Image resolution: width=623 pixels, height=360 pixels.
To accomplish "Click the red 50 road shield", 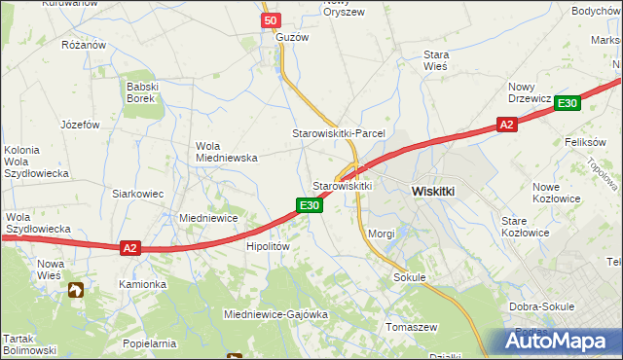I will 272,20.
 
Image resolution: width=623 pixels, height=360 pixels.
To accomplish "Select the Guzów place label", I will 292,37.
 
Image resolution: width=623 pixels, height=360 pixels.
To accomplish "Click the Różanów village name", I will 83,45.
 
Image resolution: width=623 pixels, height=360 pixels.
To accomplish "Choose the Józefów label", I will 81,125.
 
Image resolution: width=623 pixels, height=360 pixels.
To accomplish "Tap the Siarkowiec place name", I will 137,194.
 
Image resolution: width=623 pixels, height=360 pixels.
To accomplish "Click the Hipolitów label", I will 269,247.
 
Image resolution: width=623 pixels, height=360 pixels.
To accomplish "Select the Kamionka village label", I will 143,284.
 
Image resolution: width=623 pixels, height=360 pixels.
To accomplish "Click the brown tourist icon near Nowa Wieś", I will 76,289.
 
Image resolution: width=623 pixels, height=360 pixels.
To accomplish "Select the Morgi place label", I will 382,234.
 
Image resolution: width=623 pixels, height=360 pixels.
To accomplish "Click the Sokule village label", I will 411,277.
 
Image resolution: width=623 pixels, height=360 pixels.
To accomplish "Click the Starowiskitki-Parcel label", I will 340,132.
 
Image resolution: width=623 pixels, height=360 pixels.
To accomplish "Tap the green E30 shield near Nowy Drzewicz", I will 569,104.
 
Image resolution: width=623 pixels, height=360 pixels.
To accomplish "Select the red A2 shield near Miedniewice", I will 130,248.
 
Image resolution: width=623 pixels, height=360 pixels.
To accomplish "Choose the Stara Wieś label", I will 435,61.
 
